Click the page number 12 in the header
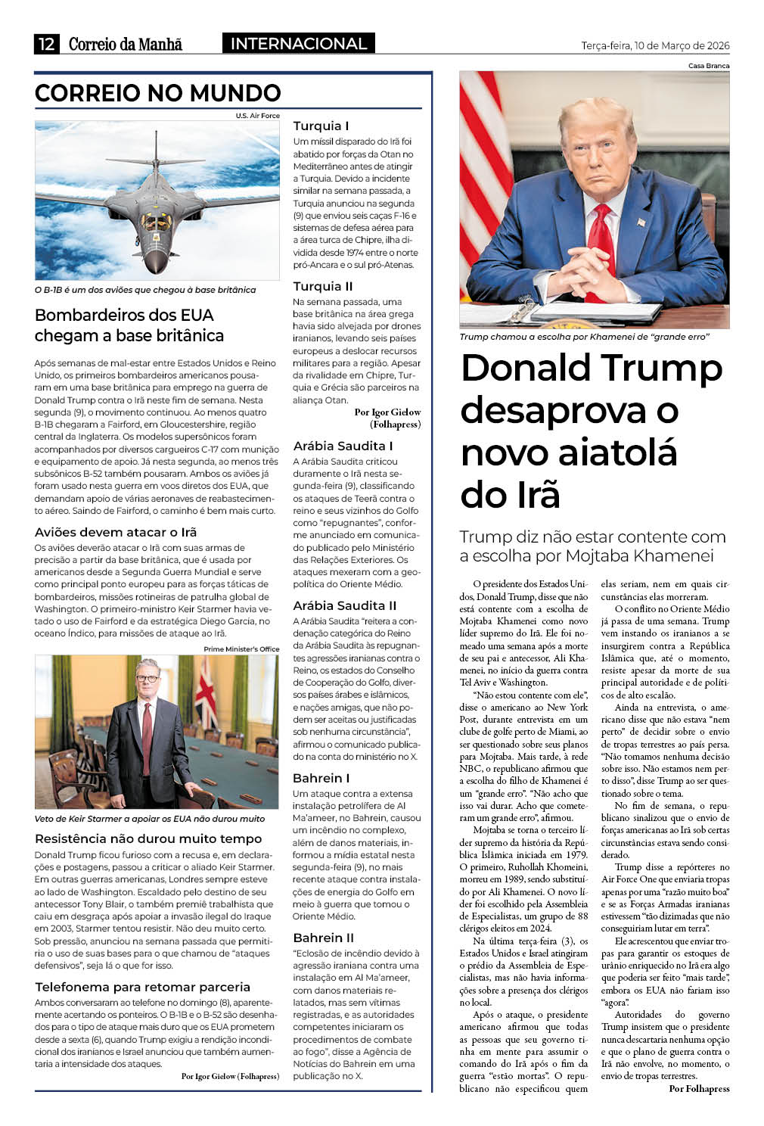pyautogui.click(x=46, y=44)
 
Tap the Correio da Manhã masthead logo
pyautogui.click(x=126, y=44)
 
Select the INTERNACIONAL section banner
pyautogui.click(x=298, y=44)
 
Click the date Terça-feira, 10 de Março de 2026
pyautogui.click(x=655, y=45)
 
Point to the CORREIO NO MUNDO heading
pyautogui.click(x=158, y=93)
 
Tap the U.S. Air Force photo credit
pyautogui.click(x=257, y=116)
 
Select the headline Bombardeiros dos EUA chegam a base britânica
pyautogui.click(x=129, y=325)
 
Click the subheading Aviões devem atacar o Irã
pyautogui.click(x=116, y=532)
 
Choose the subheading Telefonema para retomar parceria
pyautogui.click(x=142, y=987)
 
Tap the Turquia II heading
pyautogui.click(x=323, y=286)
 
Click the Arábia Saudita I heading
pyautogui.click(x=343, y=446)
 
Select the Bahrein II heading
pyautogui.click(x=324, y=938)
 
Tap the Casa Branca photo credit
pyautogui.click(x=709, y=66)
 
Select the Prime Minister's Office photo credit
pyautogui.click(x=241, y=649)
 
